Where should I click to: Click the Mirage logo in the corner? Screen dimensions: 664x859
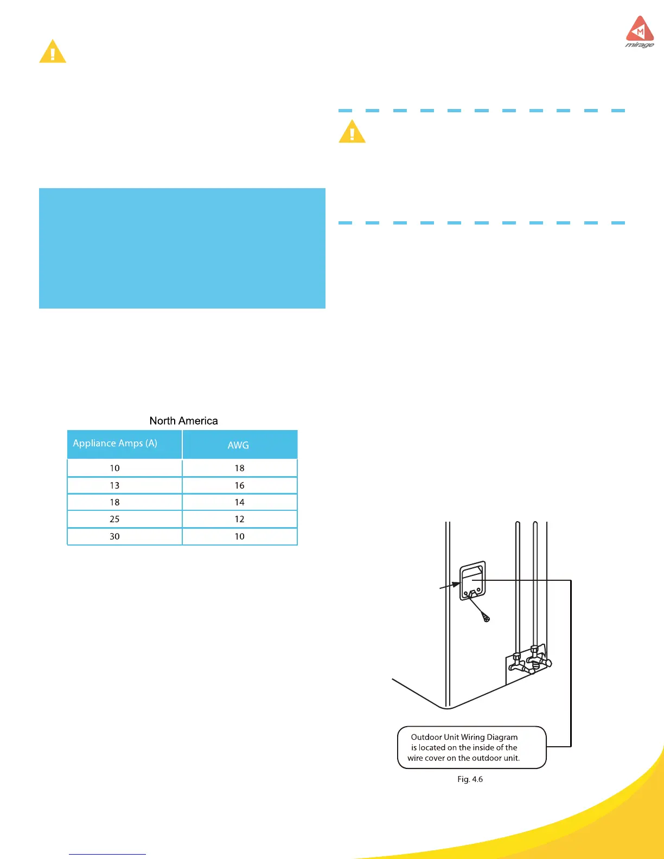point(640,32)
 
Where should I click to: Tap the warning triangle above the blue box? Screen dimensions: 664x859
point(53,52)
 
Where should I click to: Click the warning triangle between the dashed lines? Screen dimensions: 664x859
point(352,132)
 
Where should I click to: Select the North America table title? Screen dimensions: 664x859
point(183,421)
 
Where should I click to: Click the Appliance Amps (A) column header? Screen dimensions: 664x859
point(115,443)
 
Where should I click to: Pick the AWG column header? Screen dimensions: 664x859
point(238,445)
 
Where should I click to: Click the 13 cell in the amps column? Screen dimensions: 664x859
point(114,485)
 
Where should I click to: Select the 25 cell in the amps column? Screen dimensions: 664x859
point(114,519)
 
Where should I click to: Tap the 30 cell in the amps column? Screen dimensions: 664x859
point(114,536)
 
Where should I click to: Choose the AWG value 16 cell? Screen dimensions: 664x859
point(239,485)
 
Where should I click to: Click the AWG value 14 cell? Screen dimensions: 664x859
point(239,502)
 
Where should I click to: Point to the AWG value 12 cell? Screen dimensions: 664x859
point(239,519)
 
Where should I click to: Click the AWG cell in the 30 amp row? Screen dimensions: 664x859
point(239,536)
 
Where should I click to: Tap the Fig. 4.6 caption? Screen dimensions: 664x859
point(470,779)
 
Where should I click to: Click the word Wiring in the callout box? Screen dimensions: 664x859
point(477,737)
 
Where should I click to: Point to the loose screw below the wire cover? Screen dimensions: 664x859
point(486,618)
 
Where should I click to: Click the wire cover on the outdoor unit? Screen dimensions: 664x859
point(472,580)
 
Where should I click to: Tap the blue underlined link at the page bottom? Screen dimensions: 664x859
point(107,854)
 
